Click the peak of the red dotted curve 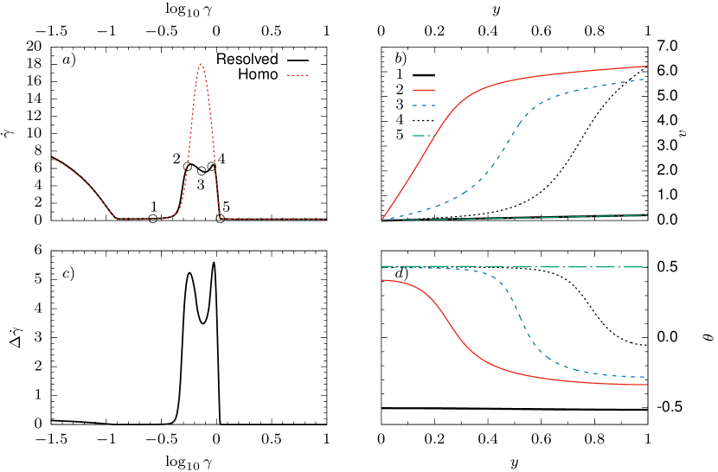coord(201,64)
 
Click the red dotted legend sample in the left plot coord(298,75)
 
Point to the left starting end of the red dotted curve coord(52,158)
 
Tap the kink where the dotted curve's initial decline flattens coord(116,219)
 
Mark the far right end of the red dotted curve coord(324,219)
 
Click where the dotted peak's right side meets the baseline coord(220,218)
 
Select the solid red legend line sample coord(423,90)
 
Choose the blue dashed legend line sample coord(423,105)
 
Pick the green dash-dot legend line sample coord(423,136)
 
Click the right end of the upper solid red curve coord(647,66)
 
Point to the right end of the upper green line coord(647,214)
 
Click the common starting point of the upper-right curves coord(382,220)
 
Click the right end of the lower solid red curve coord(647,385)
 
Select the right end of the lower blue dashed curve coord(645,377)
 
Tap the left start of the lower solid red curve coord(382,280)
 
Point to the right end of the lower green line coord(647,267)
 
